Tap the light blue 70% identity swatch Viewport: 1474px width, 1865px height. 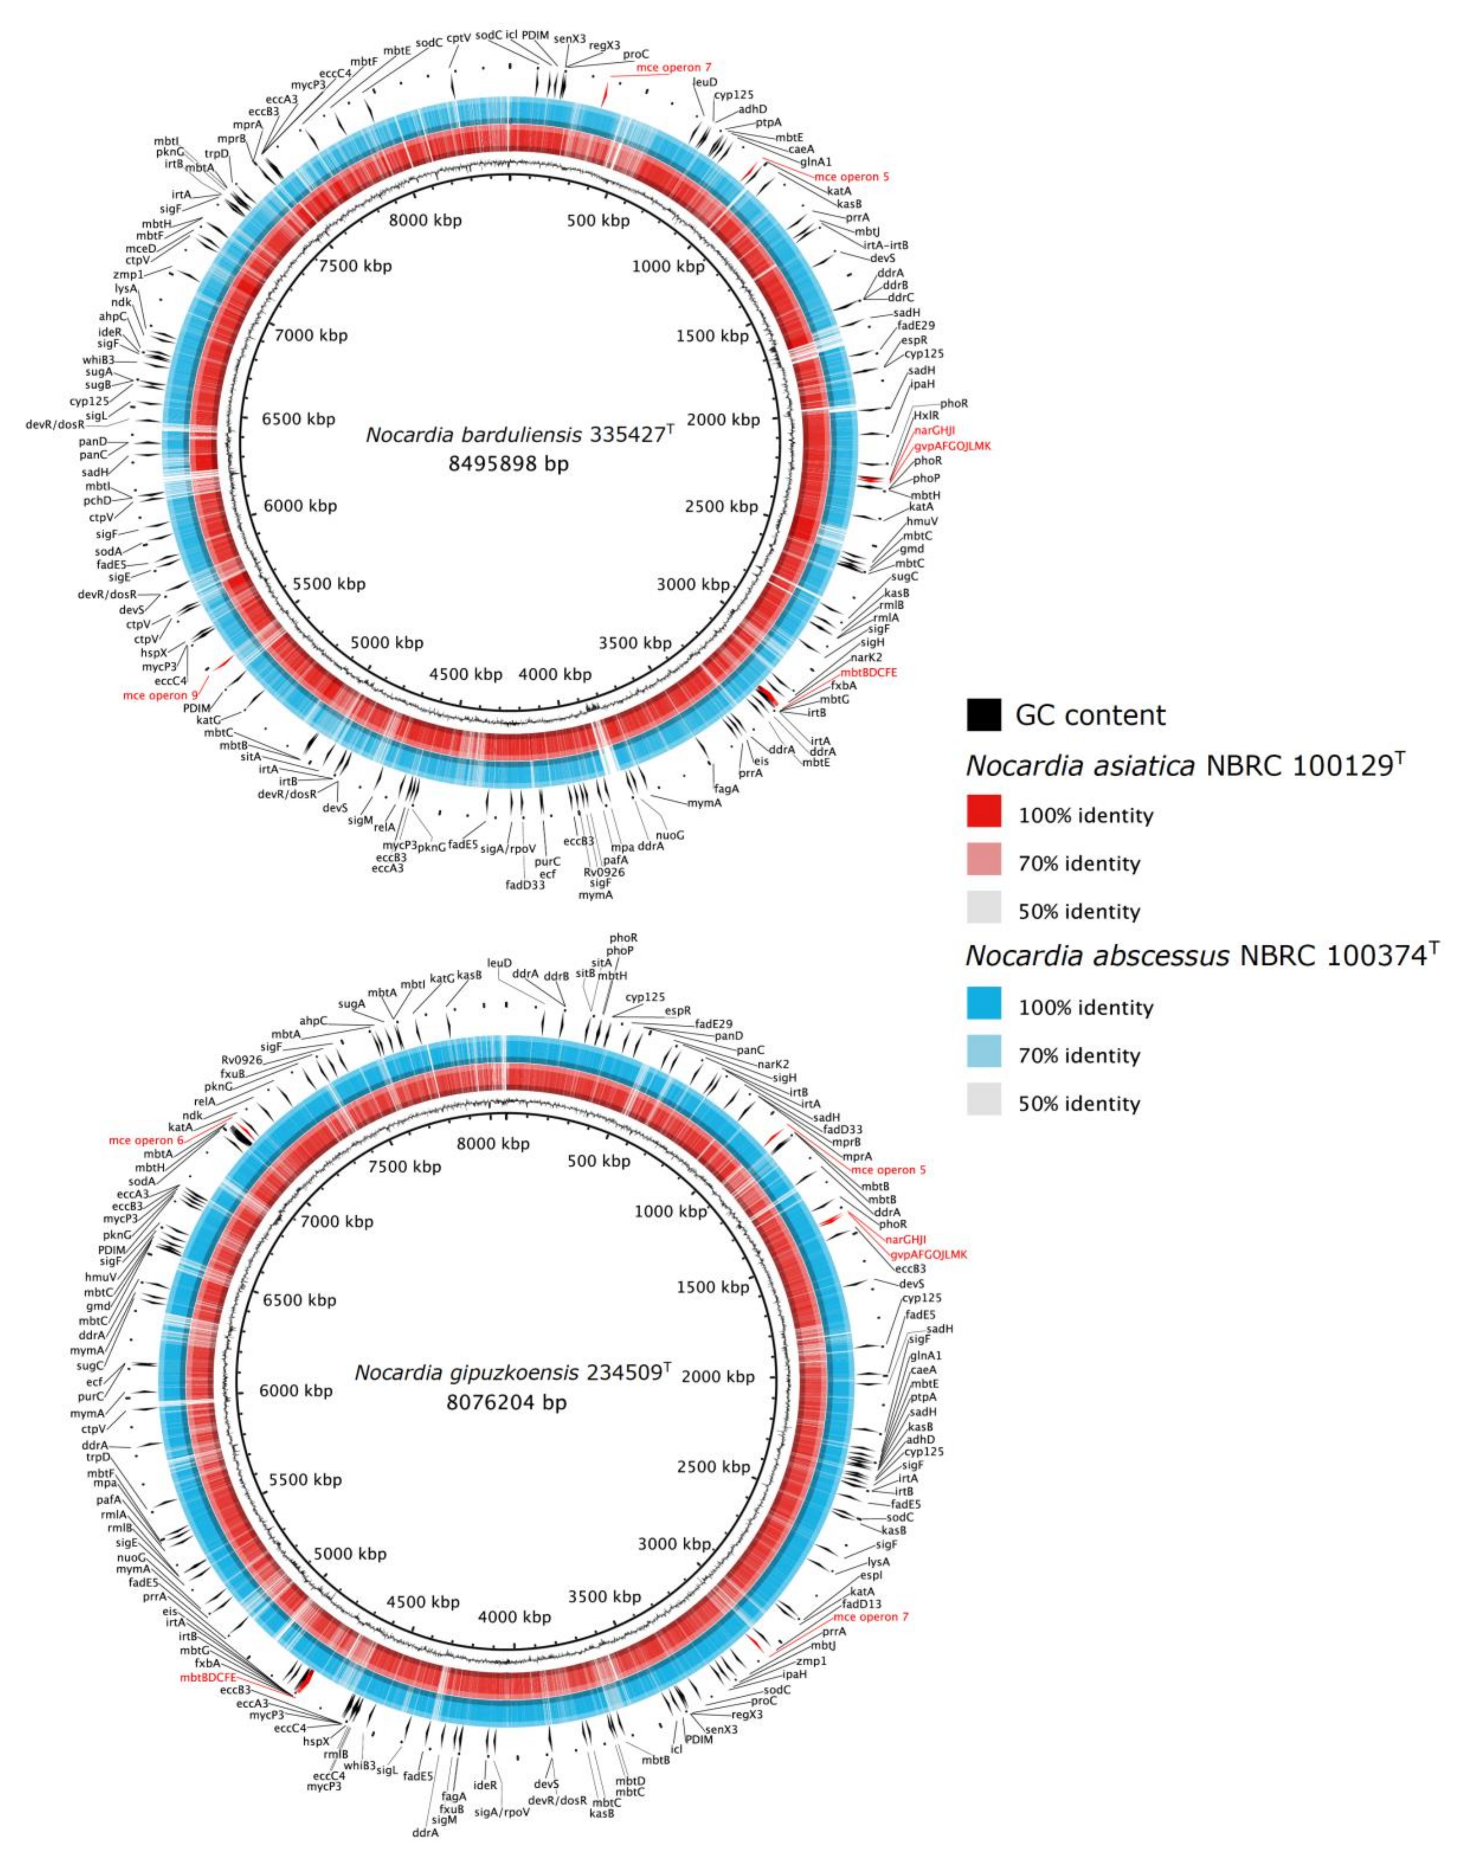984,1055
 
